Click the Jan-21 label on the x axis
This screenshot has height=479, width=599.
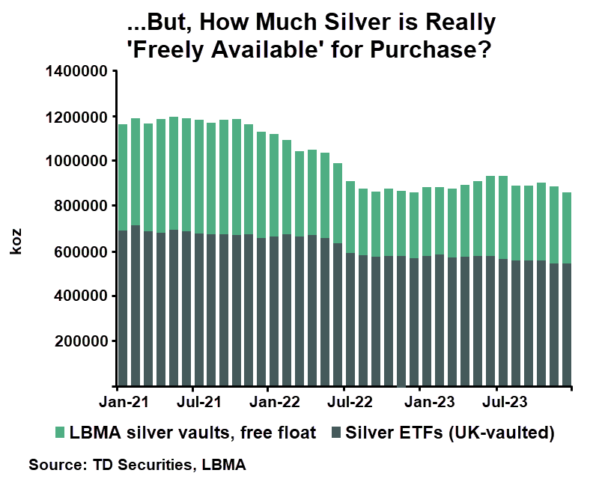point(119,401)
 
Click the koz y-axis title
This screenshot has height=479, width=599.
point(16,242)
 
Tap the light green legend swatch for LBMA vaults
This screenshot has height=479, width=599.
point(60,433)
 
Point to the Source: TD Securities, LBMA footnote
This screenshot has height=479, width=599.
point(137,465)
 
